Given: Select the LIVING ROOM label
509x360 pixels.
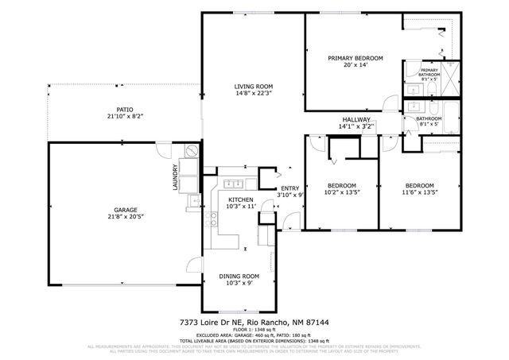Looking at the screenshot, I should (x=253, y=86).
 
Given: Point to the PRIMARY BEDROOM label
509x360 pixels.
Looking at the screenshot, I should (x=356, y=58).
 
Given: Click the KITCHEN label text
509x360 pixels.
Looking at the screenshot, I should (x=240, y=199).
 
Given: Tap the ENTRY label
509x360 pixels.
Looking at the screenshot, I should (x=289, y=188).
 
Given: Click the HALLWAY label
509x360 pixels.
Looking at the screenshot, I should (x=356, y=119).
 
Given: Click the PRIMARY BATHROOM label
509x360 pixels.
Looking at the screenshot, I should (x=429, y=72).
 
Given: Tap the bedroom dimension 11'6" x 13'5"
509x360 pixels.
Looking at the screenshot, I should (x=419, y=192).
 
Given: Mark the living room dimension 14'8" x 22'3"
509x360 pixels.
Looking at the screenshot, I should (x=253, y=93).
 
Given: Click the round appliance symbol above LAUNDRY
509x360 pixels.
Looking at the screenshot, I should (x=190, y=149).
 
